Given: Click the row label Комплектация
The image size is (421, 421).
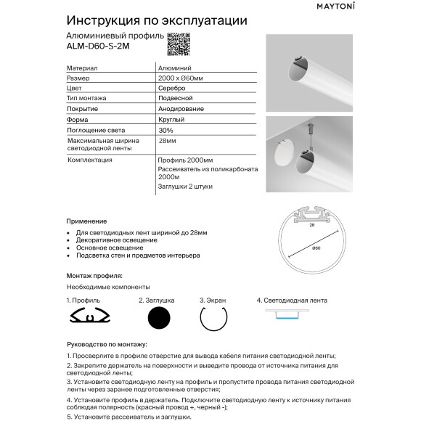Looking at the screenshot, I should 89,158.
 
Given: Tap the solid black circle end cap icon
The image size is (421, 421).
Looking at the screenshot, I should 158,318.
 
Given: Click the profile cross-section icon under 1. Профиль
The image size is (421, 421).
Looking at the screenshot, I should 89,316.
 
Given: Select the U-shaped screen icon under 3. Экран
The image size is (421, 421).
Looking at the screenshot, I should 214,317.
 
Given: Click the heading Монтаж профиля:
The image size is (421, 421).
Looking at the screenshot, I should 94,276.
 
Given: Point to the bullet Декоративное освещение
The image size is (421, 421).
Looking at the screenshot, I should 116,240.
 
